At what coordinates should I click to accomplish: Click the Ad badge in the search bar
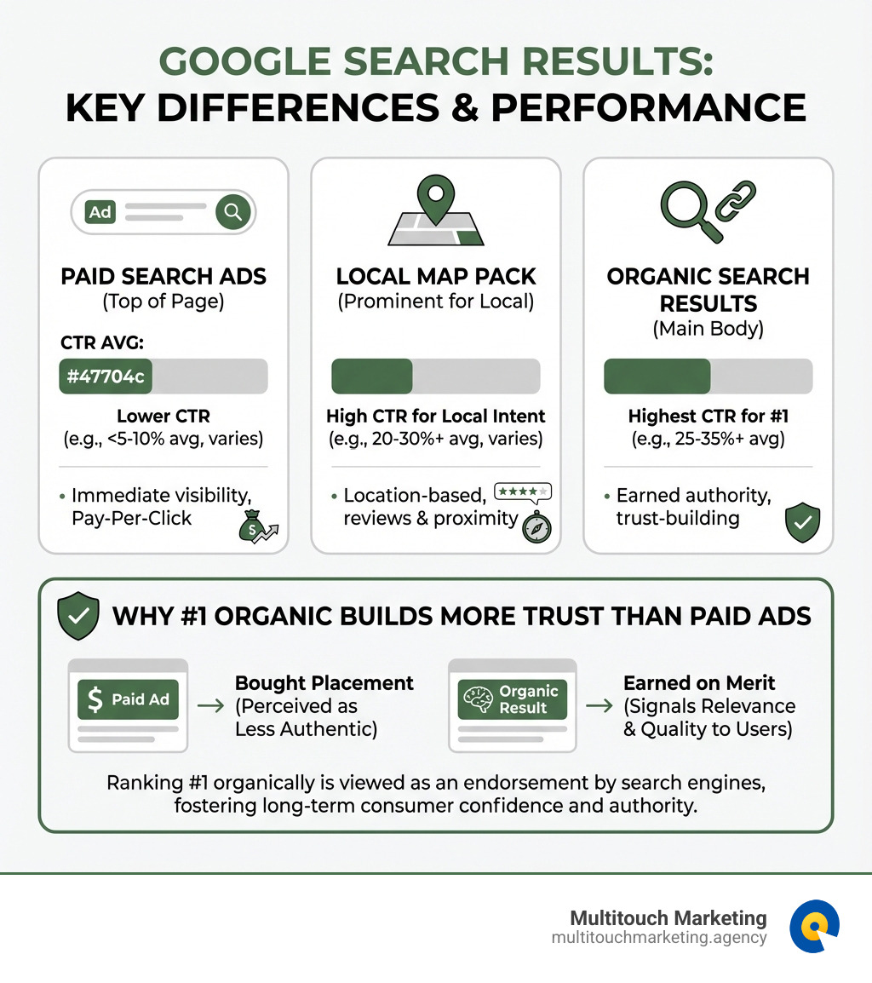click(100, 211)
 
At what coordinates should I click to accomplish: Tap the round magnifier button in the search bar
click(232, 211)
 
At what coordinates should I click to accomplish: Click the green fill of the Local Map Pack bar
click(371, 376)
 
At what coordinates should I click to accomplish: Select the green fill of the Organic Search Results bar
click(657, 376)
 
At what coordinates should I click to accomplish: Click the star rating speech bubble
click(522, 491)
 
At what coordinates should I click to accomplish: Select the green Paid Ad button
click(129, 699)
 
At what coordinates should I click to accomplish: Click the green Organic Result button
click(512, 699)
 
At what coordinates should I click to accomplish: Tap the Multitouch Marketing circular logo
click(814, 927)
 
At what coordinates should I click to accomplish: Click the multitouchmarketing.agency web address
click(659, 938)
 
